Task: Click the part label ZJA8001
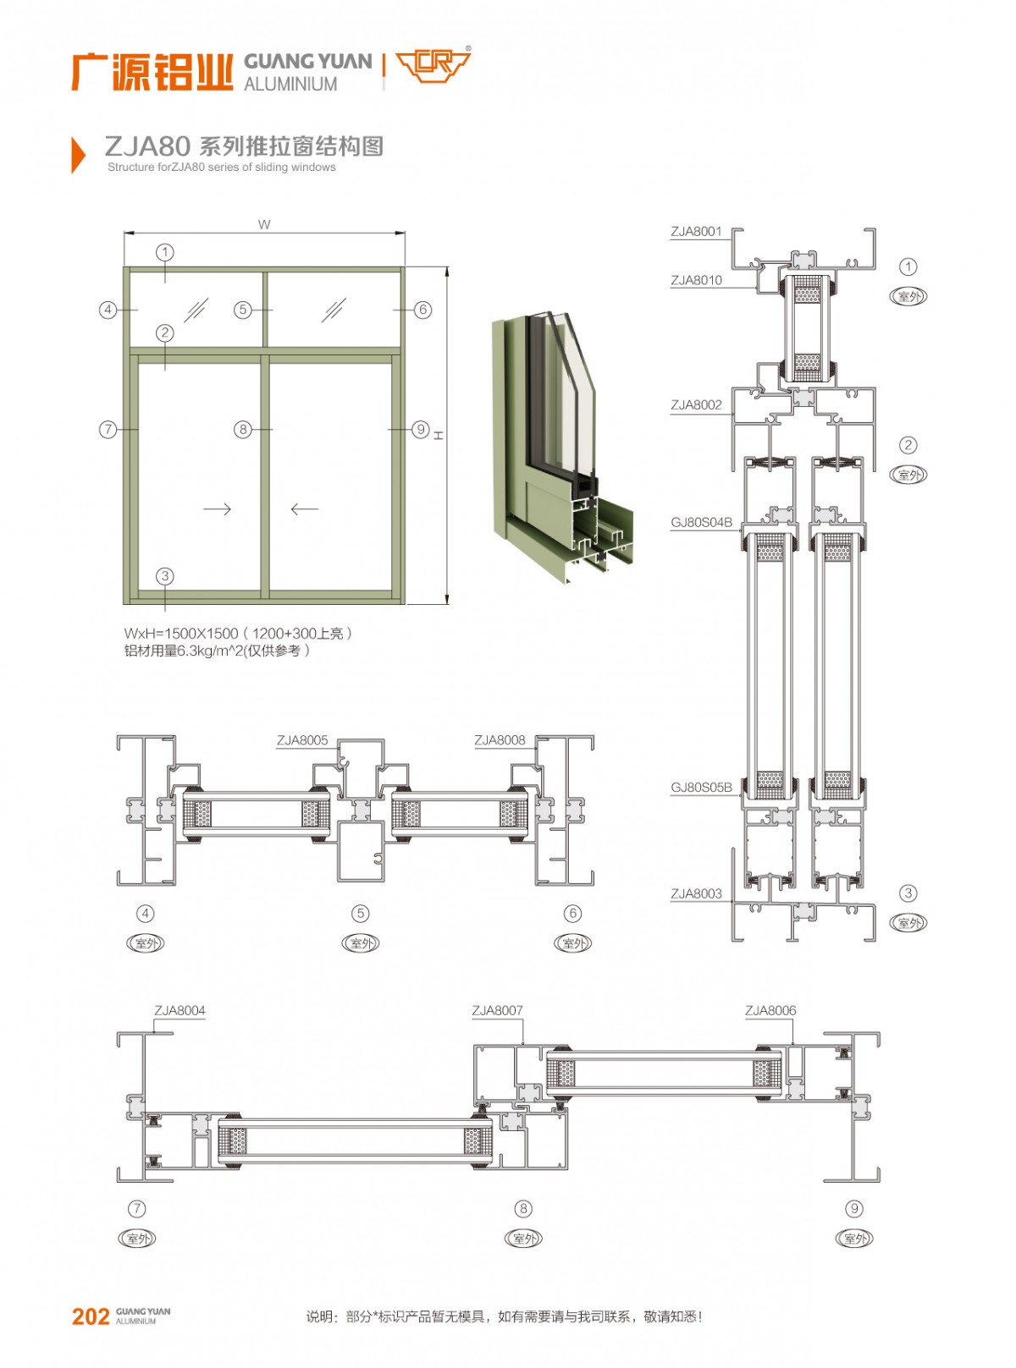point(696,231)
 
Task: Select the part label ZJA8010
point(696,280)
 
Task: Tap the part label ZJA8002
point(696,404)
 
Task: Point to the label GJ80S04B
point(701,522)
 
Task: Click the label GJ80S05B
point(701,787)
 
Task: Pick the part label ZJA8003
point(696,893)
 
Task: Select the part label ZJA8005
point(302,740)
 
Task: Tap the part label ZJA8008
point(500,740)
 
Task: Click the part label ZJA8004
point(179,1010)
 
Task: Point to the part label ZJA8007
point(497,1010)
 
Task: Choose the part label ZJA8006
point(770,1010)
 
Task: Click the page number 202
point(91,1316)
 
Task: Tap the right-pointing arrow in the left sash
point(217,508)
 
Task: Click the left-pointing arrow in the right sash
point(304,508)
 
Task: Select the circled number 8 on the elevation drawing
point(243,430)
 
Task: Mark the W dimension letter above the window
point(264,224)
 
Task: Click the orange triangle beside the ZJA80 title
point(78,155)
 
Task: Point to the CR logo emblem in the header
point(433,66)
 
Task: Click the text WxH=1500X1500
point(181,633)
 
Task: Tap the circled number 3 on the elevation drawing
point(165,576)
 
